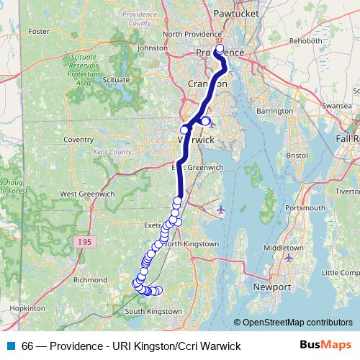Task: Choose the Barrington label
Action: click(274, 112)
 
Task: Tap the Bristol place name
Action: click(297, 155)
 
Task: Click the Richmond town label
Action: click(91, 279)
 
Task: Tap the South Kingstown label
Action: click(154, 311)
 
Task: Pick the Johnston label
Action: click(152, 48)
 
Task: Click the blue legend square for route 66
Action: click(9, 346)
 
